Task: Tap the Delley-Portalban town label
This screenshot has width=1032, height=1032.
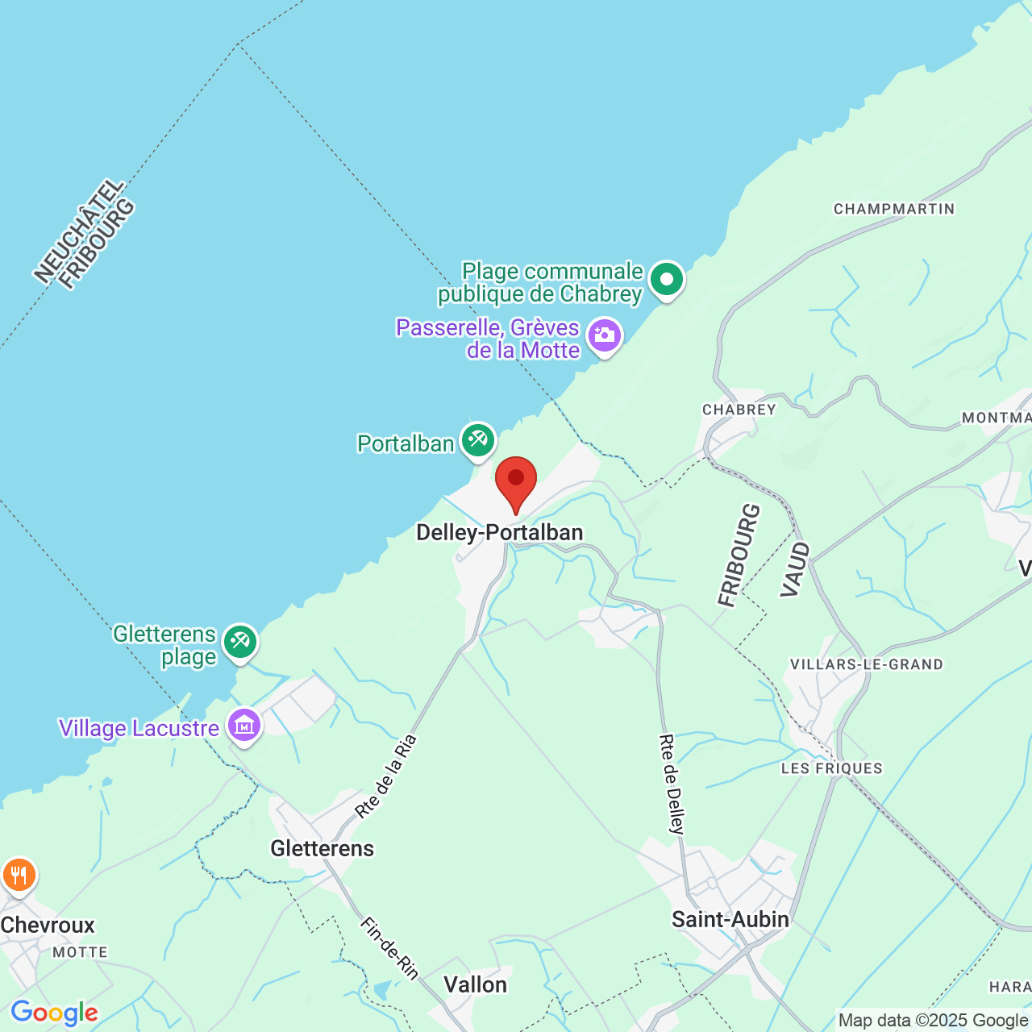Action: [499, 533]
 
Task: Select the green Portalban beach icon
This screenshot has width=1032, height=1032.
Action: [478, 440]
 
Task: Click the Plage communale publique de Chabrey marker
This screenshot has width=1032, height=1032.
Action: [667, 279]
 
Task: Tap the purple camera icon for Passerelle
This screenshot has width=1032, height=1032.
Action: [605, 335]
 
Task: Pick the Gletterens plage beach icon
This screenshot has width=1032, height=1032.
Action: [240, 642]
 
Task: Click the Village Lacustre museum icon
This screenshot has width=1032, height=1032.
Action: [244, 726]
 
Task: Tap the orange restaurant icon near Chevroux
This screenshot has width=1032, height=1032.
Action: [19, 875]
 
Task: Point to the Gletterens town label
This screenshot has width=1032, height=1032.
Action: [322, 848]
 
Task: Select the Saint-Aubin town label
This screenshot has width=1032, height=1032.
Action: [730, 919]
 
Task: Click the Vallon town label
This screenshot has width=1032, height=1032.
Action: [476, 984]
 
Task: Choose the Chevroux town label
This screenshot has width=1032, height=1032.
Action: [48, 925]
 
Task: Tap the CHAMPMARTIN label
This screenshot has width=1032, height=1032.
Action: [894, 210]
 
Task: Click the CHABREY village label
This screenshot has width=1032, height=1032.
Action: [739, 410]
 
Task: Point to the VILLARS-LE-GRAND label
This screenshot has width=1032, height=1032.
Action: [867, 665]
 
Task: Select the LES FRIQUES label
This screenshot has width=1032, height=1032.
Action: [832, 768]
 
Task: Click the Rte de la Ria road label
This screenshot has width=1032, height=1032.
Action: [387, 776]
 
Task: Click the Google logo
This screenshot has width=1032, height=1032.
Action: [54, 1013]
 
